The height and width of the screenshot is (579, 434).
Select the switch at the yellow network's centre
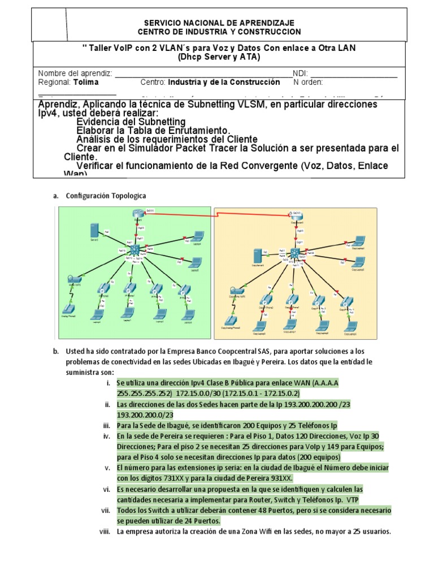point(294,253)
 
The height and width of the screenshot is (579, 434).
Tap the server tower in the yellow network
point(257,254)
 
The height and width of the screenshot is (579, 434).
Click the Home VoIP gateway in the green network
point(75,280)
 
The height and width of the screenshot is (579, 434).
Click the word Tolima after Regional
point(86,82)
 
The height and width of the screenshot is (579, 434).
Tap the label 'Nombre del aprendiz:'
point(75,74)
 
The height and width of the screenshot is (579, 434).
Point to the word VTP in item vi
point(352,500)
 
